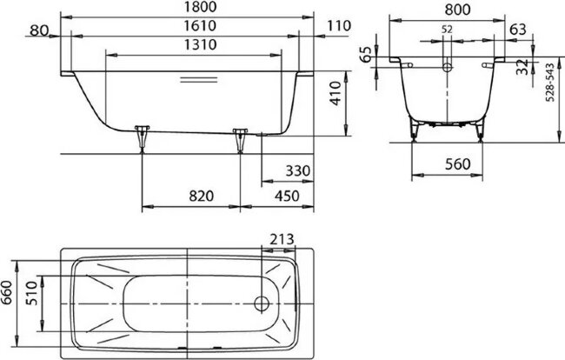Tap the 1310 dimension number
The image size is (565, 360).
click(x=192, y=45)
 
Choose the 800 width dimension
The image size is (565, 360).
click(x=446, y=9)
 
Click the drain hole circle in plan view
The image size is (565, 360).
click(x=260, y=303)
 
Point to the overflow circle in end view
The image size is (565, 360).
click(x=446, y=65)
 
